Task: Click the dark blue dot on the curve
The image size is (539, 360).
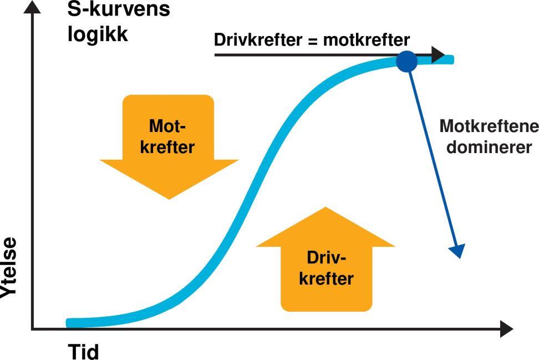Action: pos(406,61)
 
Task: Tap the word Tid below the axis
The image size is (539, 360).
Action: pos(84,352)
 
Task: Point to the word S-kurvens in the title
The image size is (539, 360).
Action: pos(119,9)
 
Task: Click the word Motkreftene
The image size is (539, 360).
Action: pos(489,126)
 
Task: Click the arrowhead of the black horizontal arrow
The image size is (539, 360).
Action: pos(438,55)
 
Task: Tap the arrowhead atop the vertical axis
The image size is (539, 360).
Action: pos(33,7)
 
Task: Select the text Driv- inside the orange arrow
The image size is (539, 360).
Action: pos(326,258)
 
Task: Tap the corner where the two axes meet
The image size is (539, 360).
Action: pos(33,329)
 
